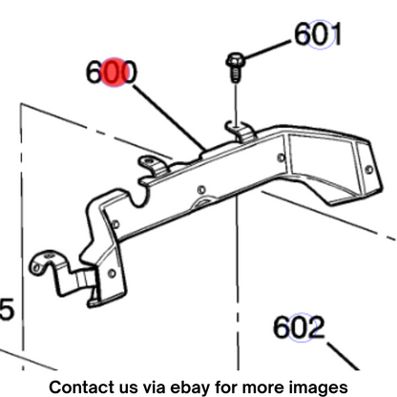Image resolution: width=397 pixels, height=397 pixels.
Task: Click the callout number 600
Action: click(x=112, y=73)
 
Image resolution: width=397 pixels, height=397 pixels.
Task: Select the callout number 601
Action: click(x=318, y=33)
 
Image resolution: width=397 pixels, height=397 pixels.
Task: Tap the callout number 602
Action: click(x=299, y=327)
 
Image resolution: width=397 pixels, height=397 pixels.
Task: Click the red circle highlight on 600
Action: click(x=115, y=73)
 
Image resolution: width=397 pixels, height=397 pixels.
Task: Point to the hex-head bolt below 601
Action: click(x=235, y=67)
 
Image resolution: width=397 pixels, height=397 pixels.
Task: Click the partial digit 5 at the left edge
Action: click(x=7, y=309)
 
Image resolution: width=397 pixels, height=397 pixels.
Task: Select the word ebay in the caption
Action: click(x=190, y=387)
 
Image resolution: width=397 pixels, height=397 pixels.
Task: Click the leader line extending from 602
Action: click(x=343, y=356)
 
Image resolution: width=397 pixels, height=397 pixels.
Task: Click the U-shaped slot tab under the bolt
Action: click(x=240, y=131)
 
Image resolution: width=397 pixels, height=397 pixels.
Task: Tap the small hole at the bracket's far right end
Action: click(x=368, y=170)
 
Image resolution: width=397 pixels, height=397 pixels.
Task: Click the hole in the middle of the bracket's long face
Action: click(x=201, y=190)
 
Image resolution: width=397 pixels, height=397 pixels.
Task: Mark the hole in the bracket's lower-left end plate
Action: click(x=112, y=273)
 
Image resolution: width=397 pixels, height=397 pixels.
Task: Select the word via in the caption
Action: click(x=155, y=387)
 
